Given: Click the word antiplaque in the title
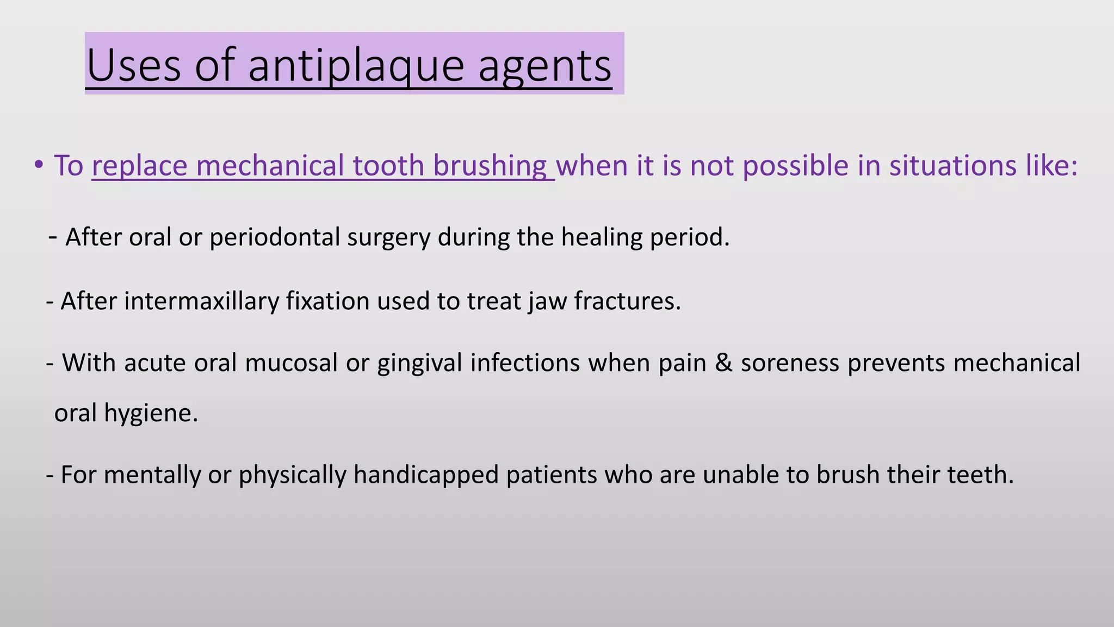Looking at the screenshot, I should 356,66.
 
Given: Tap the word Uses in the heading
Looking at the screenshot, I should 133,66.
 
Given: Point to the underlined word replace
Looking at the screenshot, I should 139,165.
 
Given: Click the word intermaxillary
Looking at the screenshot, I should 201,301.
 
